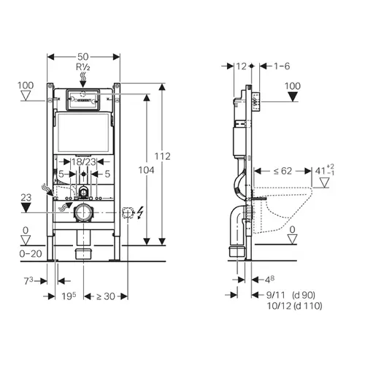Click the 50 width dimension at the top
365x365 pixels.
click(x=83, y=57)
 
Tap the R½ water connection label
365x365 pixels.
click(x=83, y=67)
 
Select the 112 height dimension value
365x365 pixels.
click(x=163, y=156)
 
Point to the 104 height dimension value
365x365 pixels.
click(x=146, y=170)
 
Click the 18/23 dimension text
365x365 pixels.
click(x=83, y=162)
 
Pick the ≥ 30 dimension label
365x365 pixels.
click(x=106, y=296)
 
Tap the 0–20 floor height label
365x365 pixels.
click(x=31, y=254)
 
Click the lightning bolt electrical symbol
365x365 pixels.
click(x=140, y=212)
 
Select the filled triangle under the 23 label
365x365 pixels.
click(x=26, y=207)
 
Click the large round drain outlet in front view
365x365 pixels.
click(x=84, y=212)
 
